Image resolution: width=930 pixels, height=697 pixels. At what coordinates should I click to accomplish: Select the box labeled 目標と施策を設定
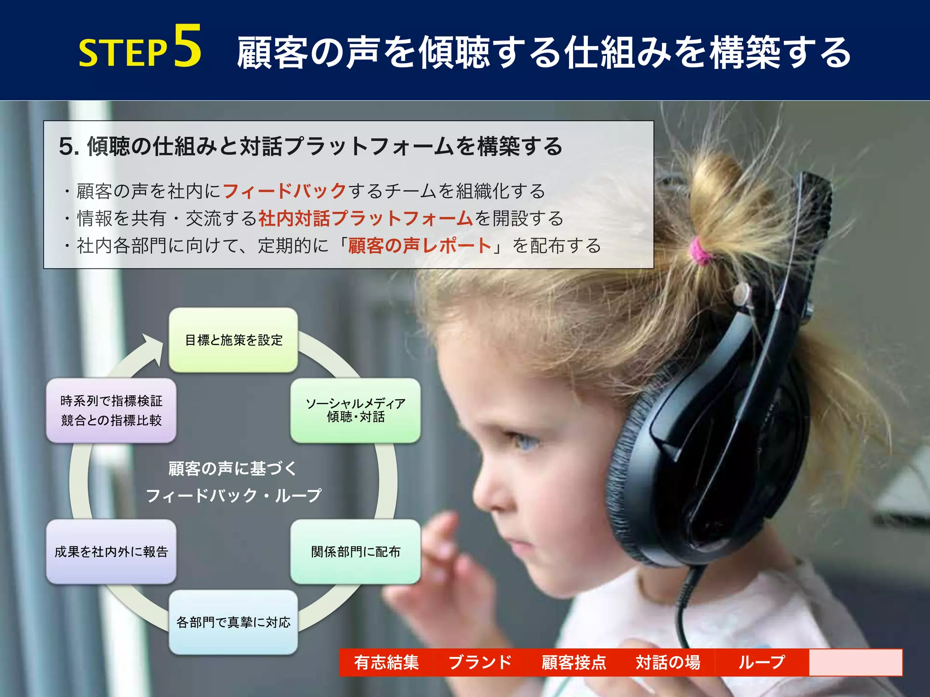[x=233, y=340]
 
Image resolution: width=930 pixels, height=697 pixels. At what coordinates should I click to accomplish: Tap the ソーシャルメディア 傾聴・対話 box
[x=356, y=410]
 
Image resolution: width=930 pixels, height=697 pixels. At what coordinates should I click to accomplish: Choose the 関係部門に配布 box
[x=356, y=552]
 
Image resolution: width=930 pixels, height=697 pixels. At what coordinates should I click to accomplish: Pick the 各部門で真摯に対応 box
[x=233, y=622]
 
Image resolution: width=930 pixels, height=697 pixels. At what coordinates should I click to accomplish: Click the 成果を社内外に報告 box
[x=111, y=552]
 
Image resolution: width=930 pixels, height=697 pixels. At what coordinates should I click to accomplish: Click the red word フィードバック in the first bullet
[x=285, y=191]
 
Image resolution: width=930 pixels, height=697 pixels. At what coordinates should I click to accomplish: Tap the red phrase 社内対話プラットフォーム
[x=366, y=218]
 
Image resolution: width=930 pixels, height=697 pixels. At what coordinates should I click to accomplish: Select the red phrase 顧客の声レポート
[x=420, y=245]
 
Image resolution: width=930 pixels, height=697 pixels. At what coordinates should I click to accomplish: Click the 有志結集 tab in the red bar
[x=386, y=663]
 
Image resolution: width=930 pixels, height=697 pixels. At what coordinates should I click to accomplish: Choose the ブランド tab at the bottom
[x=480, y=663]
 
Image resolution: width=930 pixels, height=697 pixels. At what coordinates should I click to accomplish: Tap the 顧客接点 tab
[x=574, y=663]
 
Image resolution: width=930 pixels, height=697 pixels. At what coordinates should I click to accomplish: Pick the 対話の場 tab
[x=668, y=663]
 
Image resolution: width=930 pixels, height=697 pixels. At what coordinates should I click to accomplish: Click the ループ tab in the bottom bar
[x=762, y=663]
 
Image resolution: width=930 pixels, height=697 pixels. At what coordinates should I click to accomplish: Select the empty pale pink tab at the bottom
[x=856, y=663]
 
